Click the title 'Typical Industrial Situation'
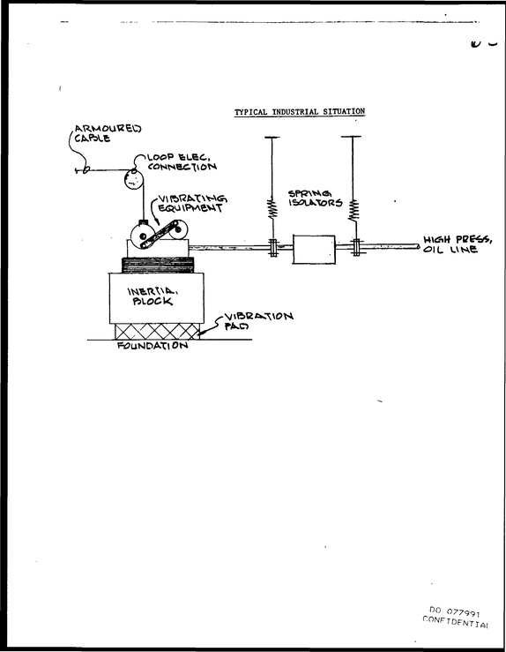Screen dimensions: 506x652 pos(300,112)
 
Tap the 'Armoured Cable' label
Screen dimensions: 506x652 pos(108,133)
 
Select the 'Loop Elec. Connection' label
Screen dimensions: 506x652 pos(182,162)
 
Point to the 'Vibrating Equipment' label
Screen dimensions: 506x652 pos(192,203)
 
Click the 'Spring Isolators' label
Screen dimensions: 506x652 pos(316,199)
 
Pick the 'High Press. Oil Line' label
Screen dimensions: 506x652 pos(458,244)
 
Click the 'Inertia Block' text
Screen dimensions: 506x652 pos(153,296)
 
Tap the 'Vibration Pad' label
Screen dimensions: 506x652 pos(259,321)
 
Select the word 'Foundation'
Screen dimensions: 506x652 pos(153,346)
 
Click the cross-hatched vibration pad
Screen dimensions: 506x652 pos(157,332)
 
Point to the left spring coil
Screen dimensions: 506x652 pos(272,208)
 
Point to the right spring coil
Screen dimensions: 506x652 pos(353,210)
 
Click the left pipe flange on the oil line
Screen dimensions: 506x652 pos(273,248)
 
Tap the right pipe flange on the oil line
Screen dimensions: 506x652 pos(356,247)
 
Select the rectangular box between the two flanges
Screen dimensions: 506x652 pos(314,249)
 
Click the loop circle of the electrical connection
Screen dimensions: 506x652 pos(133,180)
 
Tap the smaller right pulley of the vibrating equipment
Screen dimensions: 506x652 pos(179,229)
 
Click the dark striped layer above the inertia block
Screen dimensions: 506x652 pos(158,265)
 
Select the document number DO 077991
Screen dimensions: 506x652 pos(455,611)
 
